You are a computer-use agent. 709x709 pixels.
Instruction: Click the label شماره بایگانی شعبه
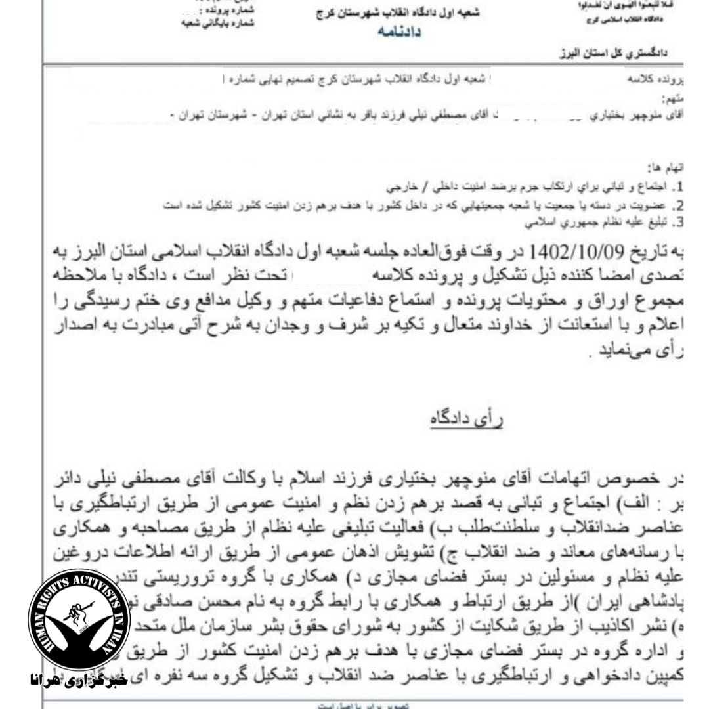(x=216, y=22)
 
